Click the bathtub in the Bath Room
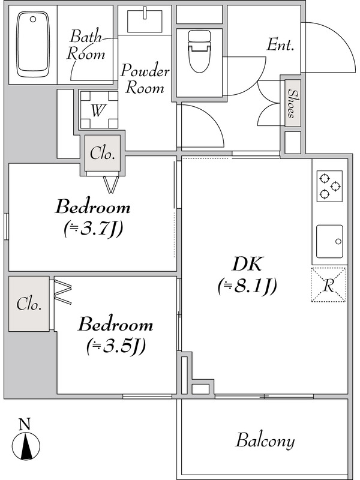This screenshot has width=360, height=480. point(33,44)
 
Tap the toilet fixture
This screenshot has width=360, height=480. point(200,52)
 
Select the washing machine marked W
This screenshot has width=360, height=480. point(99,110)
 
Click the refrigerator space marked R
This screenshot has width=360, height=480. point(328,285)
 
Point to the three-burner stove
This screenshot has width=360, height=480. point(329,186)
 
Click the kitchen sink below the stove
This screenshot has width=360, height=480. point(329,242)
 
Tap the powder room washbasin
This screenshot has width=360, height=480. point(145,20)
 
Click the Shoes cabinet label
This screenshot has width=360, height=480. point(292,103)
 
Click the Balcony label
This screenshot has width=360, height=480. point(265,441)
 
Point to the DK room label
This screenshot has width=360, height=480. point(247,265)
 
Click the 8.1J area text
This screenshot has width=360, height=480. point(247,287)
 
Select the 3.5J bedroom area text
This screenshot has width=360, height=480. point(115,346)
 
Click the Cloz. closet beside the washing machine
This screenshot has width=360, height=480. point(103,153)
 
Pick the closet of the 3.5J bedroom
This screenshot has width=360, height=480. point(29,304)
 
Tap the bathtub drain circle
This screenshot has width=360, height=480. point(33,19)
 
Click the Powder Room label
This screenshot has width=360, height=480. point(145,79)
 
